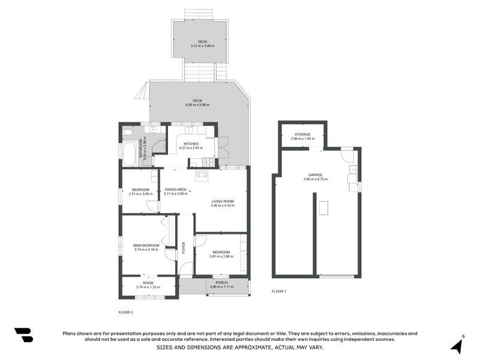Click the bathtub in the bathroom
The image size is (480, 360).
(x=130, y=154)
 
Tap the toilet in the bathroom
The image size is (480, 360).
(x=127, y=131)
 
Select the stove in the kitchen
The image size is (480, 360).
(x=208, y=162)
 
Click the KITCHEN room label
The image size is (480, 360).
(x=191, y=144)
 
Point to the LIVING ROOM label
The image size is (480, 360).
(x=222, y=202)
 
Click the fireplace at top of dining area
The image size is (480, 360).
(x=201, y=175)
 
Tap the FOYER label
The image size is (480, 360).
(x=184, y=247)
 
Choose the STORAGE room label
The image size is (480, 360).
(x=302, y=134)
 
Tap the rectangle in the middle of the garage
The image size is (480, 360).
(x=324, y=208)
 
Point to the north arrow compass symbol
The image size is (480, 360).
(x=457, y=345)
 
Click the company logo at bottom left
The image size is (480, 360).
(x=23, y=335)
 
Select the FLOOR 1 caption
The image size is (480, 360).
(x=279, y=291)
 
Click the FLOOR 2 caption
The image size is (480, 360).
(x=126, y=312)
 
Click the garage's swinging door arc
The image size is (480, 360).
(x=347, y=155)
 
